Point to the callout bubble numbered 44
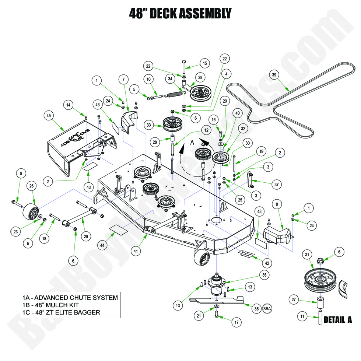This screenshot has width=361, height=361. [x=104, y=245]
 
